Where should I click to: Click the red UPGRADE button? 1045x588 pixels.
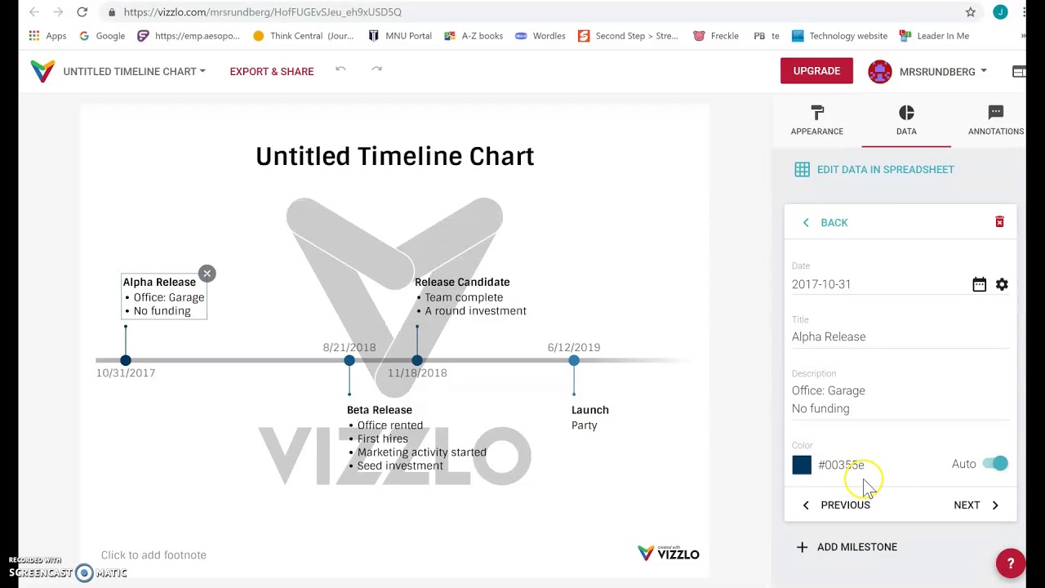click(x=816, y=71)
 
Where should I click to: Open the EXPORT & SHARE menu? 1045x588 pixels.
click(x=271, y=72)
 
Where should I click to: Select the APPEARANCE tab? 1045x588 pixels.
click(x=816, y=120)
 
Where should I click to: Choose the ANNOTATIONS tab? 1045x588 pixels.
click(x=995, y=120)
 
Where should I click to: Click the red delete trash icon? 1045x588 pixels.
click(x=999, y=222)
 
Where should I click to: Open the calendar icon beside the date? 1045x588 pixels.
click(x=979, y=284)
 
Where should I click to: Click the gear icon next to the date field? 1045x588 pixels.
click(x=1002, y=284)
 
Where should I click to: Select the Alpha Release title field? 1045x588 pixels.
click(x=898, y=336)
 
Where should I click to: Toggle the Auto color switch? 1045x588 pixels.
click(x=995, y=464)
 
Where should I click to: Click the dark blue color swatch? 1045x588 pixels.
click(x=802, y=465)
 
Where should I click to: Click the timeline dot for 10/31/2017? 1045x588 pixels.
click(x=126, y=360)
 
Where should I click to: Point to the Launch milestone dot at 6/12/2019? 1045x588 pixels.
click(x=574, y=360)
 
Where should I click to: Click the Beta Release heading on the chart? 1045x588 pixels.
click(x=380, y=410)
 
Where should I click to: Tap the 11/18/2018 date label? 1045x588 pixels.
click(x=417, y=373)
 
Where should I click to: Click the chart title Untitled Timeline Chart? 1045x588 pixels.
click(x=394, y=156)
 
